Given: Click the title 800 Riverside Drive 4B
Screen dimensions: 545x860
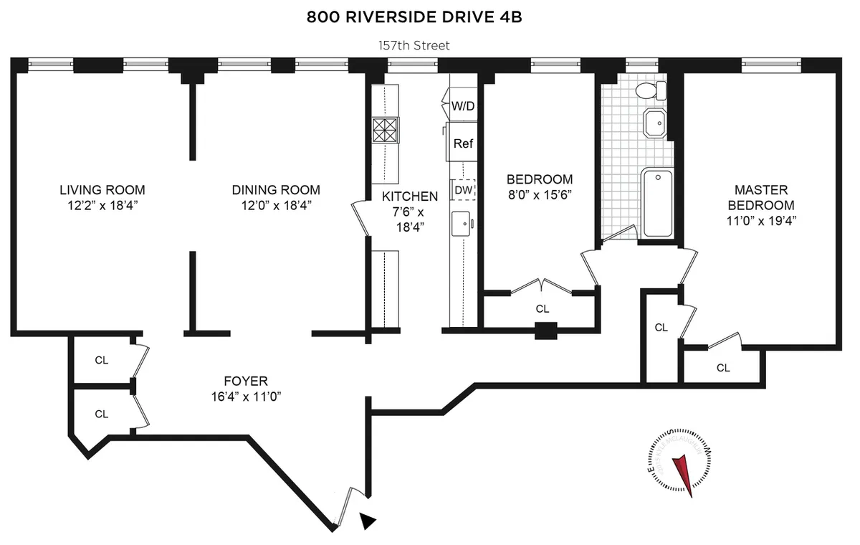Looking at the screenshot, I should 414,17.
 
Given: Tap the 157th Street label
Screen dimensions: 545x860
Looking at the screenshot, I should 414,46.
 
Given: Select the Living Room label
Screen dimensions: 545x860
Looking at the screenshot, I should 102,190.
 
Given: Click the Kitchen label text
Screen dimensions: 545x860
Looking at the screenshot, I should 409,196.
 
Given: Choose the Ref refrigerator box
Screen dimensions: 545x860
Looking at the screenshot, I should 463,143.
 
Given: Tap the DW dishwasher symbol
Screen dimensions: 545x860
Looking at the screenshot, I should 463,190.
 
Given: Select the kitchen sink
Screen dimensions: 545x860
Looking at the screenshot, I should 462,224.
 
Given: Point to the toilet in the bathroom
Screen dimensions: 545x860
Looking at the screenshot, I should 652,90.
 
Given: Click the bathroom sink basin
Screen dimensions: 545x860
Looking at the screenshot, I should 654,123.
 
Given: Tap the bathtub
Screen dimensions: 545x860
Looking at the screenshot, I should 657,203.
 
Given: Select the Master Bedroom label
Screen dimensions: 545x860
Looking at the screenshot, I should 761,197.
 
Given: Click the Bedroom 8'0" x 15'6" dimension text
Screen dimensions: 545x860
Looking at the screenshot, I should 540,194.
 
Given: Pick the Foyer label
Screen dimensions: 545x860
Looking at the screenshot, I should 245,381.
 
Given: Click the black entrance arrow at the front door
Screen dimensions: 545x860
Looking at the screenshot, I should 367,521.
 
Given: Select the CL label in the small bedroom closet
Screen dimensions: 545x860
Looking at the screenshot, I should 543,309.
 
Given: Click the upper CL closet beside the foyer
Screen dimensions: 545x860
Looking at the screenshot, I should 102,360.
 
